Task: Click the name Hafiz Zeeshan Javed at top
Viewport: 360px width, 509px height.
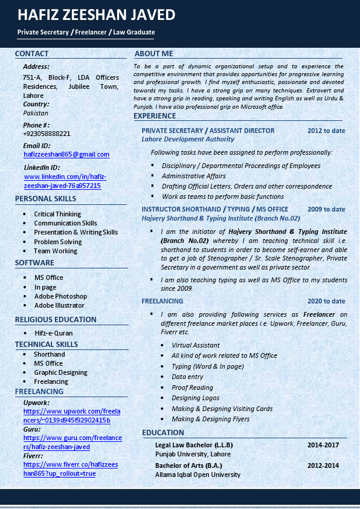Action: pos(97,15)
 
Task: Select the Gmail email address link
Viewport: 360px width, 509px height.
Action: pos(66,155)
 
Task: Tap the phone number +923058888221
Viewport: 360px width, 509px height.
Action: pos(47,134)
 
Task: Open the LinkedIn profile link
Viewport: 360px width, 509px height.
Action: pos(65,181)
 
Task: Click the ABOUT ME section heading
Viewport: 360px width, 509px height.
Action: pos(153,54)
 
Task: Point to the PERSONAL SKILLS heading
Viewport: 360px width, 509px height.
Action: pos(45,199)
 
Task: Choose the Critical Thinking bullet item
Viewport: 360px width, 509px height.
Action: pos(57,214)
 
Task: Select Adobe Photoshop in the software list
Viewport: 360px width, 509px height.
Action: pos(60,296)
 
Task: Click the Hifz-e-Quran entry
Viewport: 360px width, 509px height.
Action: pos(53,333)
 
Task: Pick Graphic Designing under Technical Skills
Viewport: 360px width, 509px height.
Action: pos(60,372)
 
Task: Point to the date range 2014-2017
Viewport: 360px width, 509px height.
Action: pos(323,445)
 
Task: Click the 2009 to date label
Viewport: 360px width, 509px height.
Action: pos(326,209)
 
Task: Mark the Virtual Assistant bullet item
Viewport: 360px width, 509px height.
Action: pos(196,345)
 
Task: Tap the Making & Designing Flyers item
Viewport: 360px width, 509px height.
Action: pos(210,419)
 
